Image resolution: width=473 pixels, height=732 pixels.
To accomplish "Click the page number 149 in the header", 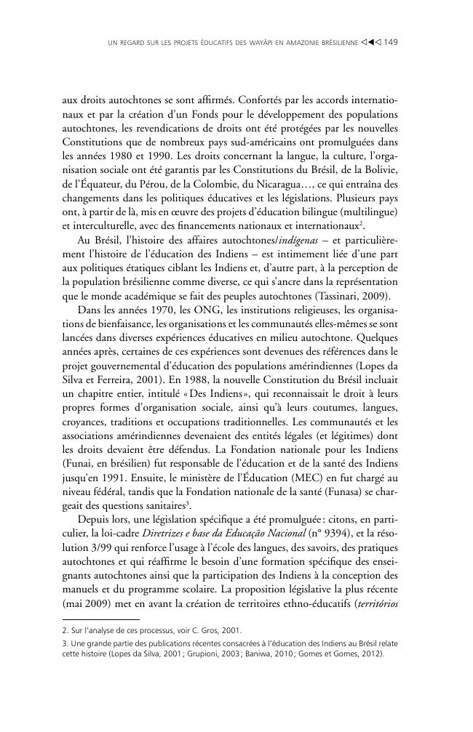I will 390,42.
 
